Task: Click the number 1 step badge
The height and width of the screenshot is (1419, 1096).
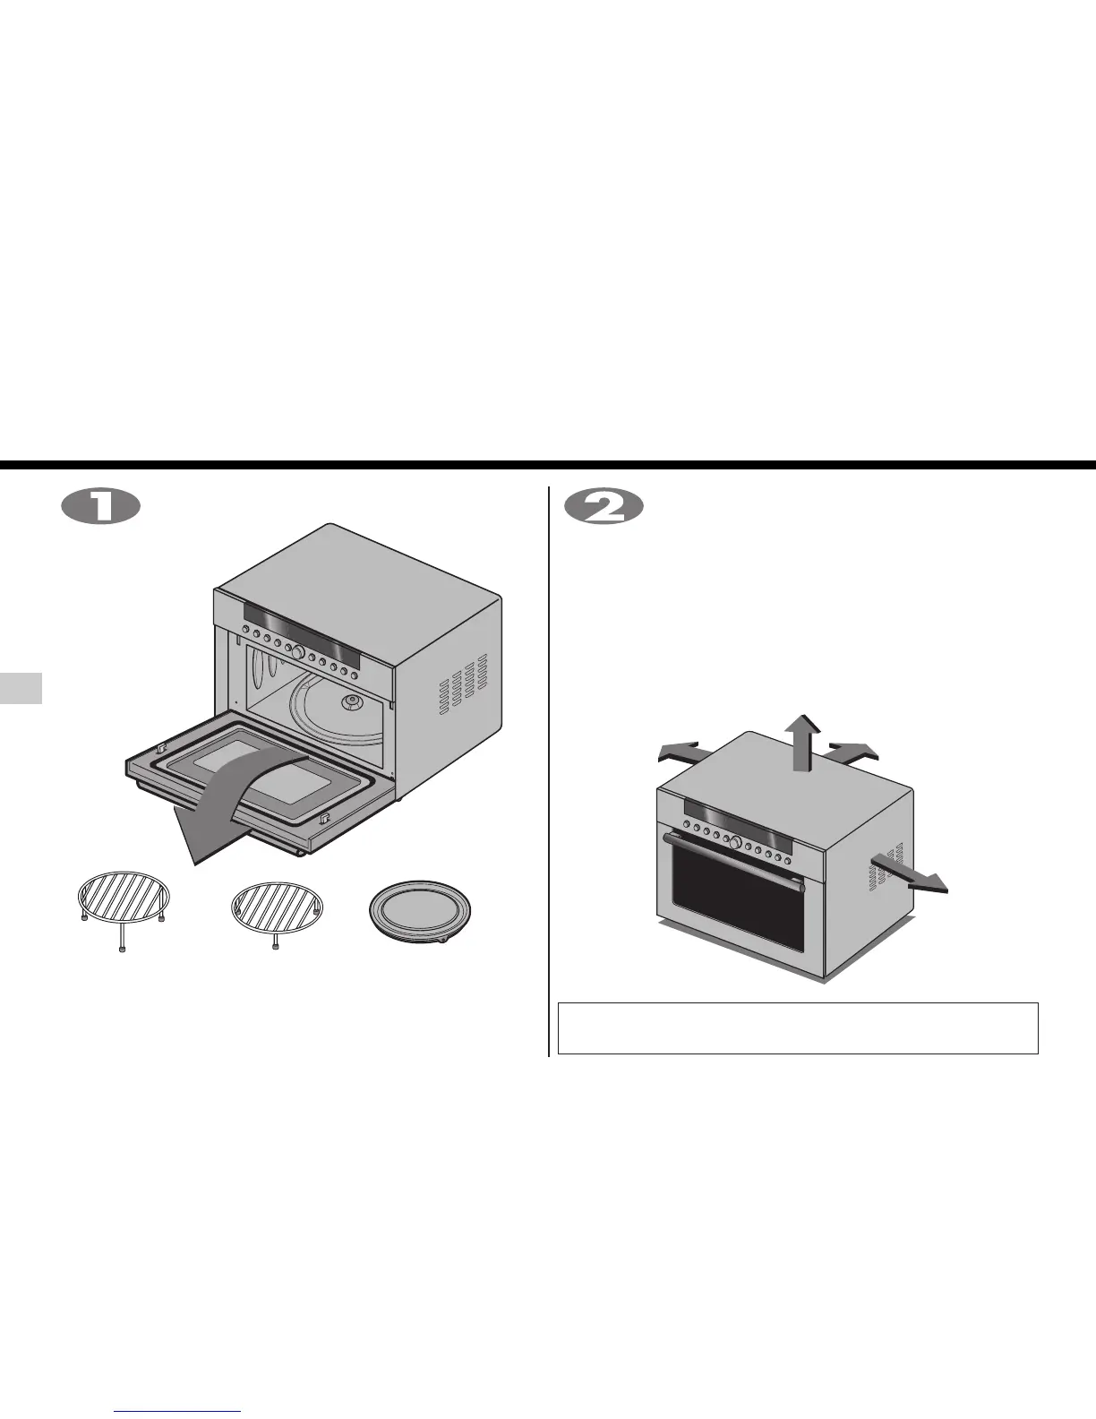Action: (x=100, y=508)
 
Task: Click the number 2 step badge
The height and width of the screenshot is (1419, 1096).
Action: (x=605, y=508)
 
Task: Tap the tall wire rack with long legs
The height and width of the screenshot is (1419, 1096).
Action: (x=123, y=901)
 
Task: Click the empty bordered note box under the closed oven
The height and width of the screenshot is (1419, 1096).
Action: (x=797, y=1028)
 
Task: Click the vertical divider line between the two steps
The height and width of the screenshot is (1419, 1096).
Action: (x=548, y=770)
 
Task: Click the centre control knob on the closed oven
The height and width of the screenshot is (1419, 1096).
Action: (x=735, y=841)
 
